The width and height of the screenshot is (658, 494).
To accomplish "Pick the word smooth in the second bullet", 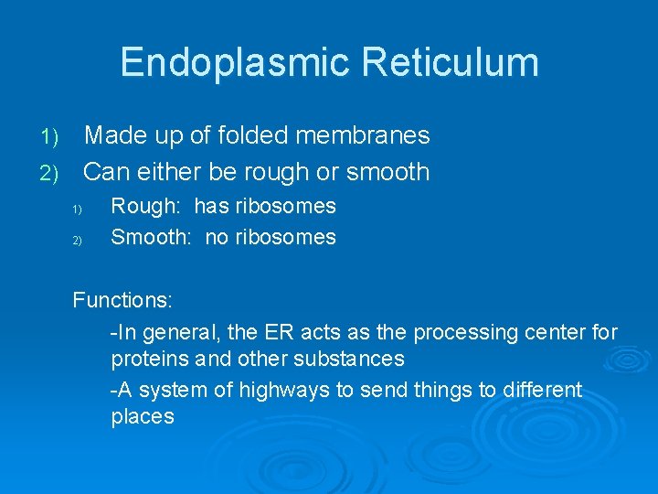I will tap(387, 171).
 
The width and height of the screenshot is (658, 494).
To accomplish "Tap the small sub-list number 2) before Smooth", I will tap(78, 241).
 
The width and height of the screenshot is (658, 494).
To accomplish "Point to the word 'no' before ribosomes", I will tap(217, 238).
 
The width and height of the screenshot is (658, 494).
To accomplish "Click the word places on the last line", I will tap(142, 417).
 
